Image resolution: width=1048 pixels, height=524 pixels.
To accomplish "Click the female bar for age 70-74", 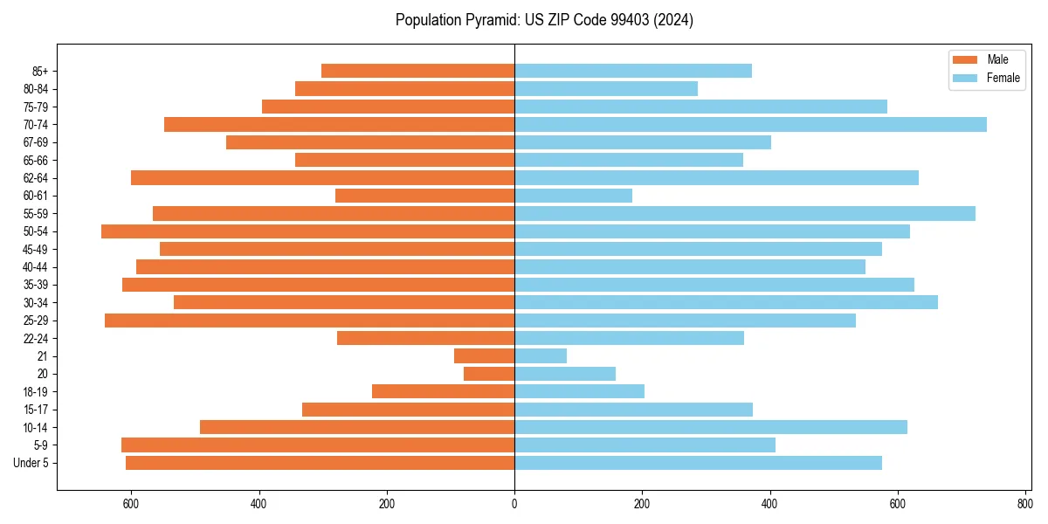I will [750, 124].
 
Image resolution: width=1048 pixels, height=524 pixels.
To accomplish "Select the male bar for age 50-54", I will [307, 231].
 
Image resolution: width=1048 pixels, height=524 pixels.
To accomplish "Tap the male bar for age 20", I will [489, 374].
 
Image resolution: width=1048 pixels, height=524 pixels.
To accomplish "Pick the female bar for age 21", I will [541, 355].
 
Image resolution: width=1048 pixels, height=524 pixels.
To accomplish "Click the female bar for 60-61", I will [573, 196].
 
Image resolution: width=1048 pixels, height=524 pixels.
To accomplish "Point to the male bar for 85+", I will [417, 71].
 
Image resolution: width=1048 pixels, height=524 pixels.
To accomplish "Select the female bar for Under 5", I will [698, 463].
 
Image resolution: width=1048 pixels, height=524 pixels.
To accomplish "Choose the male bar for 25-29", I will [309, 321].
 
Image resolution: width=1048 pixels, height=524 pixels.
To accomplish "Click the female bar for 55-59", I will [745, 213].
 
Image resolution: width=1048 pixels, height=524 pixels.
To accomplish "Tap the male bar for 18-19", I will [443, 391].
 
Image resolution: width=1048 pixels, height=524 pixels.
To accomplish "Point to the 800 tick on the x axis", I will [1025, 504].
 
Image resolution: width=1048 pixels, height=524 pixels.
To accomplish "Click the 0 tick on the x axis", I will [514, 504].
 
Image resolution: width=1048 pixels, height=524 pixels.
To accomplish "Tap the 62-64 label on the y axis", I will [38, 178].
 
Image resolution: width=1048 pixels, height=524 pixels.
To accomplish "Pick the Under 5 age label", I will [31, 463].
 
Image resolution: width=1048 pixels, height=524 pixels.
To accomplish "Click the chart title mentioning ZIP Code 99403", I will [544, 20].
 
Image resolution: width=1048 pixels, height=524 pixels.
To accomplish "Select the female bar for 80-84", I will [606, 88].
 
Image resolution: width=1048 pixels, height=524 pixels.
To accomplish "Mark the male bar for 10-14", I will [357, 427].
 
